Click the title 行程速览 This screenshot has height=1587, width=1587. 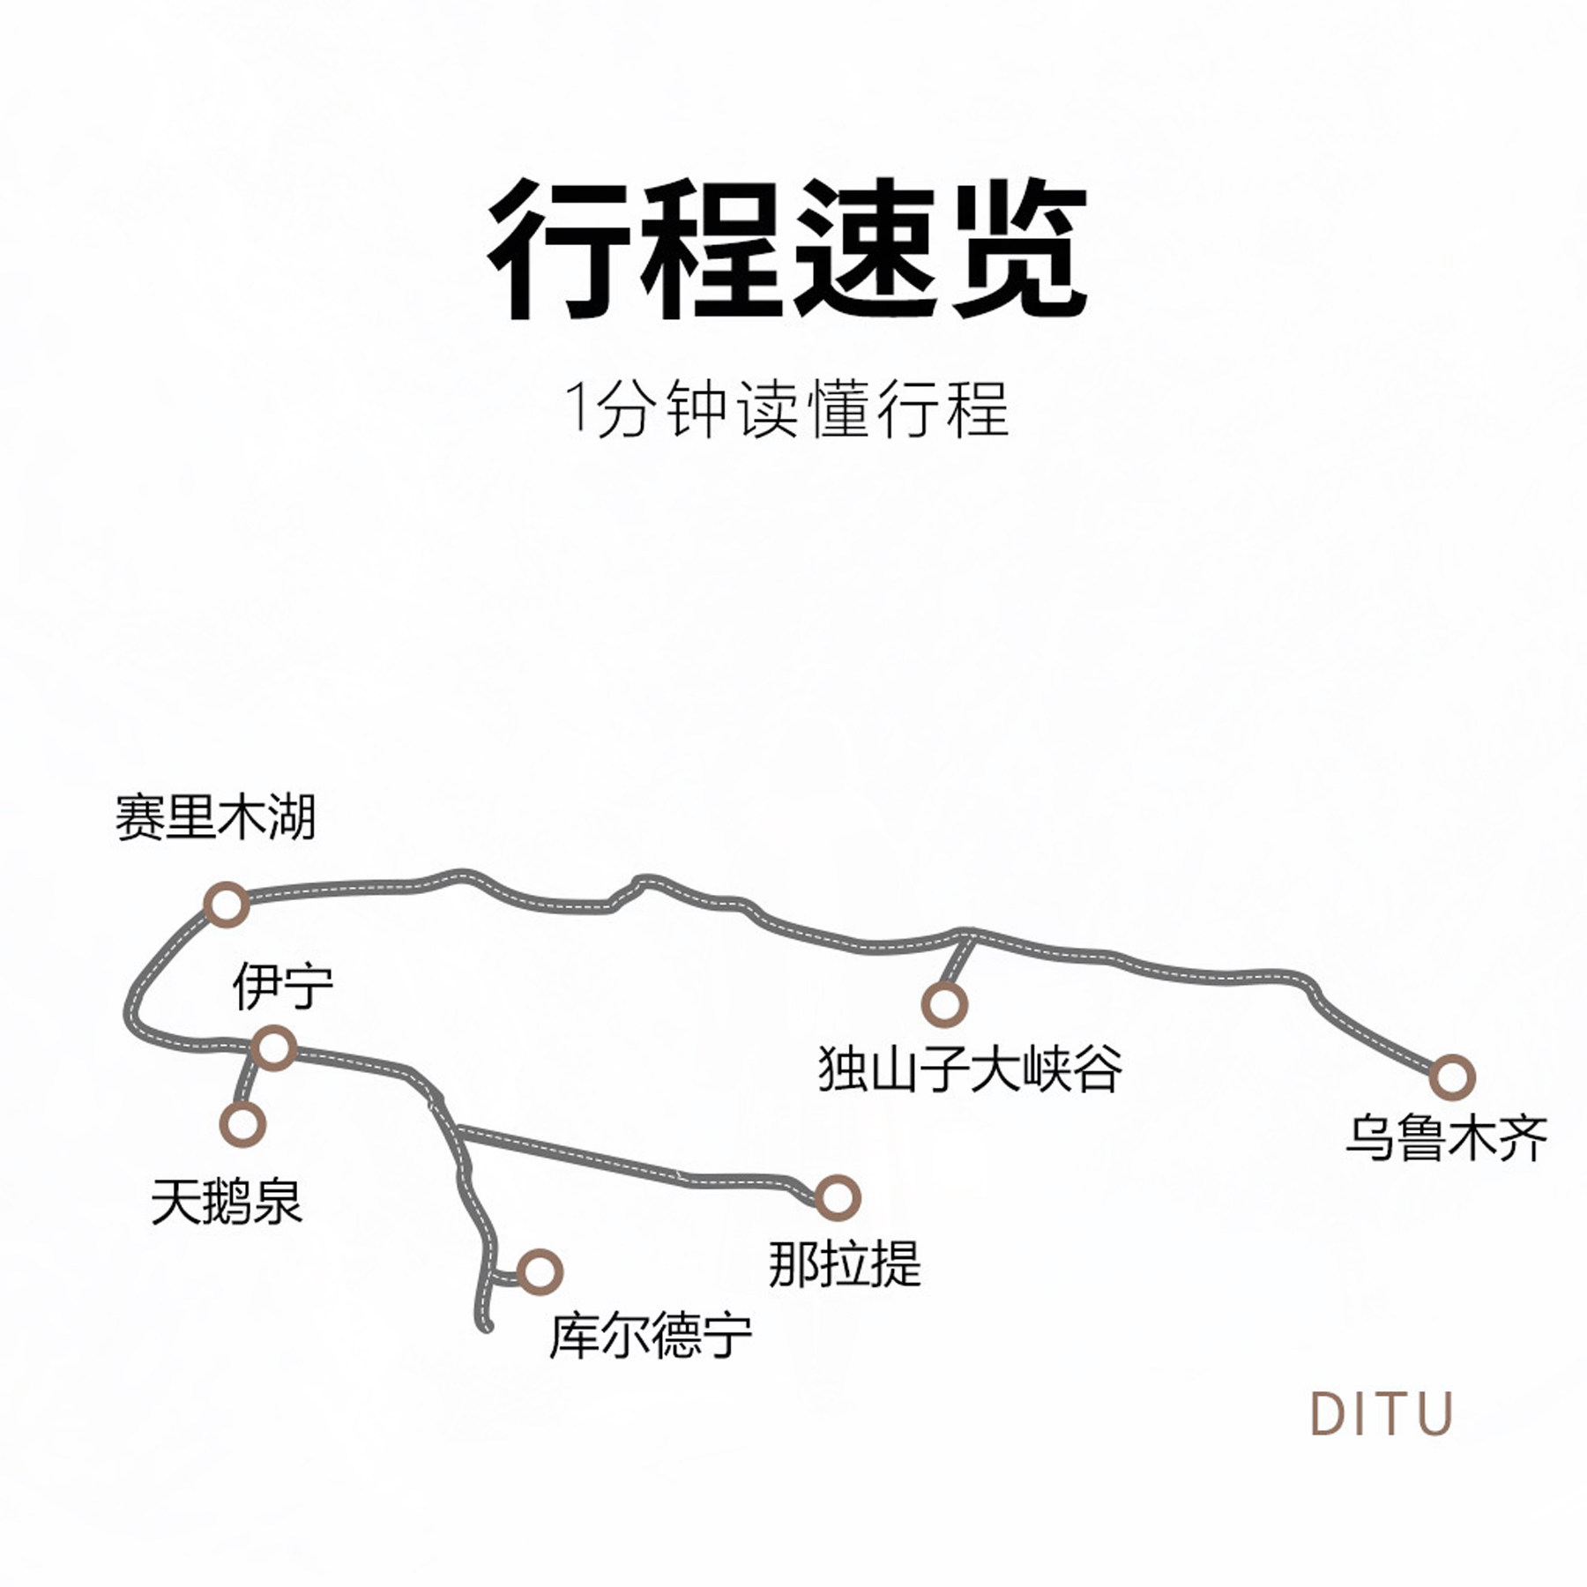point(786,250)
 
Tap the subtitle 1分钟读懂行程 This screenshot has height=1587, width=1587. point(786,409)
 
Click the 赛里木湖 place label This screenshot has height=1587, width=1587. point(215,817)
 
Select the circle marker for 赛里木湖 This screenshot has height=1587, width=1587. point(226,904)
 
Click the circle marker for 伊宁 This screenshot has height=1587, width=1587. point(273,1048)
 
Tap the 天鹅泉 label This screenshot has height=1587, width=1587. point(227,1201)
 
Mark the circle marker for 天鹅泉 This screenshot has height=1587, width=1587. point(242,1124)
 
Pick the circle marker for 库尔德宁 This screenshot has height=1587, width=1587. point(539,1271)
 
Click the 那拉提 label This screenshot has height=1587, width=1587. point(845,1263)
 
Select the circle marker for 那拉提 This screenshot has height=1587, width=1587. point(836,1196)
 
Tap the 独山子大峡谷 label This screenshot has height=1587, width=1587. point(970,1069)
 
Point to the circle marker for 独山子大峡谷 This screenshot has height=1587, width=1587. point(944,1003)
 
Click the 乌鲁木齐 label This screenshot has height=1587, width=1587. point(1446,1138)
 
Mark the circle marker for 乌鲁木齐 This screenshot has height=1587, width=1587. point(1451,1077)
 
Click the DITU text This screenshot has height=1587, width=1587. point(1381,1413)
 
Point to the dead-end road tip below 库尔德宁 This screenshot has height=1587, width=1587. point(486,1325)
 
